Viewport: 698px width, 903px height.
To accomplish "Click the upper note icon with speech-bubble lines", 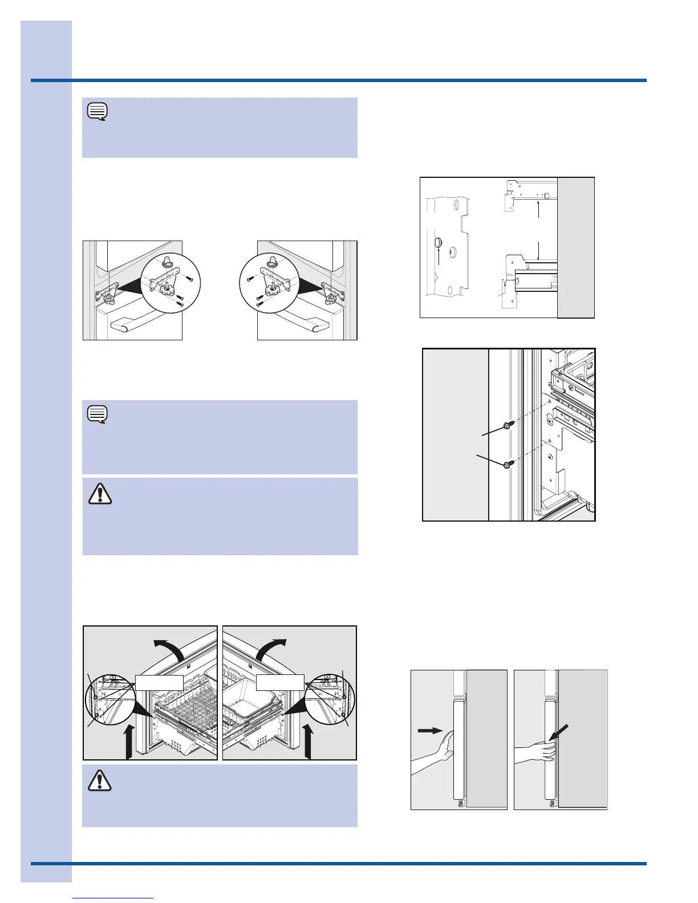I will click(98, 111).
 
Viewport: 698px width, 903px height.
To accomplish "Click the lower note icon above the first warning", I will click(98, 413).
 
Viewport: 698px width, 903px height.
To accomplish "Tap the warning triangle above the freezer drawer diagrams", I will click(100, 494).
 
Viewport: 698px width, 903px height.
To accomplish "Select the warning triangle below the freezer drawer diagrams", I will click(100, 780).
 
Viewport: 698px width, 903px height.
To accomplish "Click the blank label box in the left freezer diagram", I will click(159, 682).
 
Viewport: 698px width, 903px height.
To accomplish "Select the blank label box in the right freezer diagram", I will click(279, 682).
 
